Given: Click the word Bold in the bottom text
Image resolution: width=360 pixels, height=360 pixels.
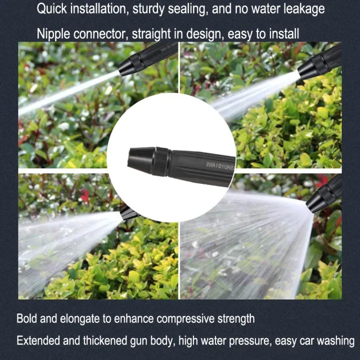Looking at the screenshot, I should point(27,318).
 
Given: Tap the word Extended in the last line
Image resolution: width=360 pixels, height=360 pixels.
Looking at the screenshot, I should point(37,341).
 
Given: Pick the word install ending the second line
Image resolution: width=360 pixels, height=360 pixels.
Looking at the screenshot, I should point(281,34).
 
